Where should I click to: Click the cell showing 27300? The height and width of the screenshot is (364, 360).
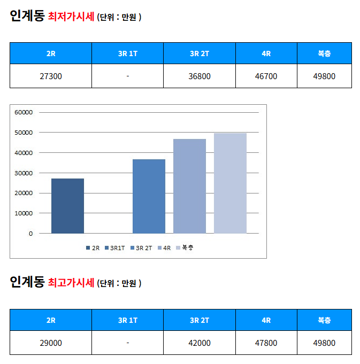[51, 76]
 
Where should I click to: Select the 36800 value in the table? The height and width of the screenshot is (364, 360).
[200, 76]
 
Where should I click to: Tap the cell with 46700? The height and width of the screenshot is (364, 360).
[266, 76]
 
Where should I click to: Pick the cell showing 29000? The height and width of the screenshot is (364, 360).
[51, 343]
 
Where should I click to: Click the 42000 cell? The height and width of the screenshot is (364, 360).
[200, 343]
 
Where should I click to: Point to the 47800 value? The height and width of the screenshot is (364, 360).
[266, 343]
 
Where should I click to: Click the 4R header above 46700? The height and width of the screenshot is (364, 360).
[266, 53]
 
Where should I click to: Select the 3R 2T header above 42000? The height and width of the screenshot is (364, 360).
[200, 320]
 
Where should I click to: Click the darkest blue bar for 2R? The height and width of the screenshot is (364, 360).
[67, 206]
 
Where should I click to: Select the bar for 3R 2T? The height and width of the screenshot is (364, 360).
[149, 196]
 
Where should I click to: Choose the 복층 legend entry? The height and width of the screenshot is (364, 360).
[185, 248]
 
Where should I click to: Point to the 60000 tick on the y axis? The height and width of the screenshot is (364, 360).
[24, 112]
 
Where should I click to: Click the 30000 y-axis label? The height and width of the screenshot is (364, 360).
[24, 173]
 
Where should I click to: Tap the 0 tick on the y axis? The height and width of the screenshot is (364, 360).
[30, 234]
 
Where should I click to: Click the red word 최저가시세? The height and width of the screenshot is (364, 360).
[71, 17]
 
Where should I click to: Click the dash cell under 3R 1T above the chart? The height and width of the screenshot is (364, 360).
[127, 76]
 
